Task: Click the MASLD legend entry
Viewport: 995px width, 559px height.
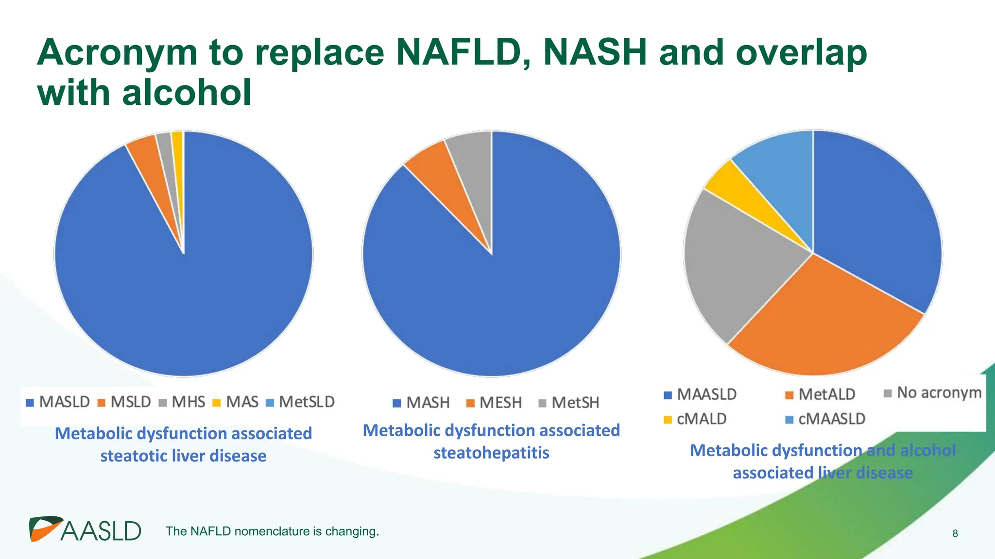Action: coord(58,402)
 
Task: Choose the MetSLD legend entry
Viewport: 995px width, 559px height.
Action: coord(301,402)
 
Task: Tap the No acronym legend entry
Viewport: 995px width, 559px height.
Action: coord(933,393)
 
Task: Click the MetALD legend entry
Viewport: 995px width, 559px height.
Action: coord(821,395)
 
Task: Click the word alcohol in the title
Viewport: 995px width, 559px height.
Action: coord(187,92)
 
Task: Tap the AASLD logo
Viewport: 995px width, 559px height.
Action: coord(85,529)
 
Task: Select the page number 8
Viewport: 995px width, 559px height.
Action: coord(955,534)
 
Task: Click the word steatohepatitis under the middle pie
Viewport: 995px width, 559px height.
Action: coord(491,453)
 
